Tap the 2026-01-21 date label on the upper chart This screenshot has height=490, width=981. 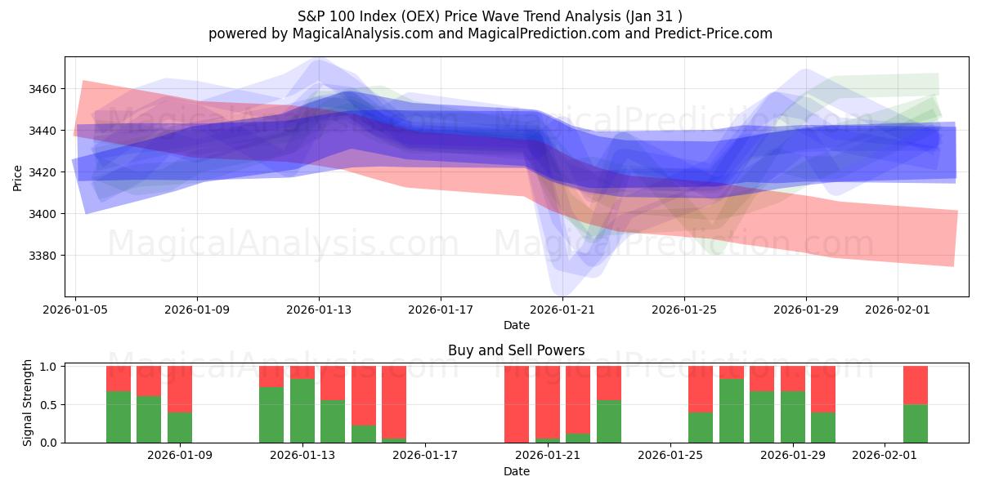(562, 310)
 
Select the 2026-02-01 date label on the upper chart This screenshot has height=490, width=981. (898, 310)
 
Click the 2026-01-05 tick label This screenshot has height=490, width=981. (76, 310)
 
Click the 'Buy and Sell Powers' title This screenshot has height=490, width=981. (516, 350)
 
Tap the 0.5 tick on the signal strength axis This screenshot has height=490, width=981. (48, 404)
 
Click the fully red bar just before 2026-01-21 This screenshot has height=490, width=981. (517, 404)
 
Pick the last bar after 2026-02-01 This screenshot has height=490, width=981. (915, 404)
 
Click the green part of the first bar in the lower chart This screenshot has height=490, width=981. (119, 418)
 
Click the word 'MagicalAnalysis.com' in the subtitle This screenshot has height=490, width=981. (334, 33)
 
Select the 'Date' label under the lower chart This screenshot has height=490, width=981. (516, 471)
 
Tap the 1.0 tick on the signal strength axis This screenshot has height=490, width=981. (48, 367)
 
